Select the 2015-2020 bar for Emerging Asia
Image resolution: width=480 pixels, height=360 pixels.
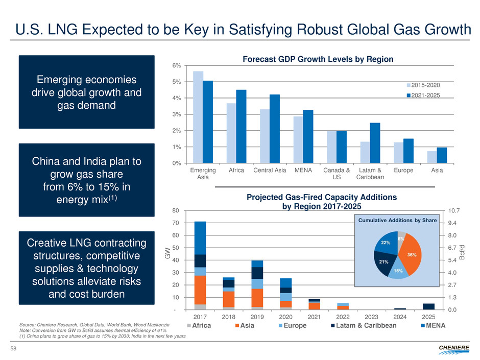[x=198, y=117]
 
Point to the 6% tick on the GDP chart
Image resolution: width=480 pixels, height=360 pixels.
[x=176, y=65]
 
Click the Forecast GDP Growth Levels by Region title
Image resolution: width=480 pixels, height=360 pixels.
[x=317, y=59]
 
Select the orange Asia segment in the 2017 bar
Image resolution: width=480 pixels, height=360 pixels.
[x=200, y=290]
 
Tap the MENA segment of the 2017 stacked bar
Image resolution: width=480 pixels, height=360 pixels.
[x=200, y=237]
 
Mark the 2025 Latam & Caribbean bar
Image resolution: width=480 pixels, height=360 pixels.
[x=428, y=306]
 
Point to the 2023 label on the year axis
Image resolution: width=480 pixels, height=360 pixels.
[x=372, y=317]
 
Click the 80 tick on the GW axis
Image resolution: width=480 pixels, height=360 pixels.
[x=176, y=210]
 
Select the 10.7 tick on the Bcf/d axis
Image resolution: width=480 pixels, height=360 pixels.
[x=454, y=210]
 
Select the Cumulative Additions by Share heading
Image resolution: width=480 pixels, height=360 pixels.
[x=396, y=220]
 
